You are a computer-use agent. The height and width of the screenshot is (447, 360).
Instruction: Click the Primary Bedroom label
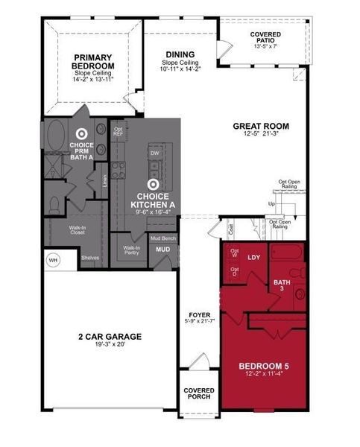pos(93,61)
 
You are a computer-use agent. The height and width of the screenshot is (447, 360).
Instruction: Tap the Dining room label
pos(180,54)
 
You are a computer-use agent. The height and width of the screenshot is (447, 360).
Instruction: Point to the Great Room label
pos(260,126)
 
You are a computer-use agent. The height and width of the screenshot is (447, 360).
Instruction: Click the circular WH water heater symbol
pos(53,260)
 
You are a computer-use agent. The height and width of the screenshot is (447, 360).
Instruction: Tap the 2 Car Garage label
pos(110,337)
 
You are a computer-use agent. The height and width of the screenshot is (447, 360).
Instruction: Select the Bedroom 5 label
pos(264,366)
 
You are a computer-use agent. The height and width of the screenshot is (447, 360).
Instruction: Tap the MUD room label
pos(162,250)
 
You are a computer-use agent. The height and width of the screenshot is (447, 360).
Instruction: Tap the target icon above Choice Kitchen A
pos(153,183)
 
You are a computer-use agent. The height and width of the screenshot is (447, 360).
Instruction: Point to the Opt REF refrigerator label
pos(118,132)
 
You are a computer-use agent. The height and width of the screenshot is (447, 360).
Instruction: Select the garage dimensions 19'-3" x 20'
pos(110,346)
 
